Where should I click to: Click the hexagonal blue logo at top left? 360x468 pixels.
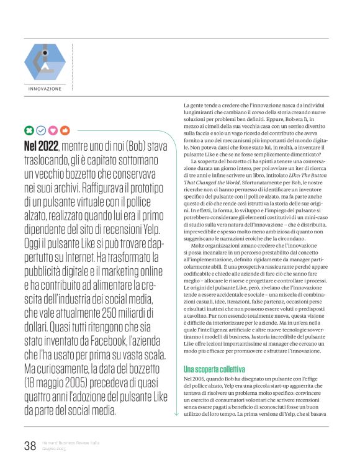[x=45, y=61]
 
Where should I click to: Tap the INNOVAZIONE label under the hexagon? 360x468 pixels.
[x=45, y=89]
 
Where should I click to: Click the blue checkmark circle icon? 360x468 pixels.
[x=41, y=130]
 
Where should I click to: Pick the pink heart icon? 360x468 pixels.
[x=53, y=130]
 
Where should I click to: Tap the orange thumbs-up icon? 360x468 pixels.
[x=65, y=130]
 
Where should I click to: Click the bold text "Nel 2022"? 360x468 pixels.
[x=40, y=146]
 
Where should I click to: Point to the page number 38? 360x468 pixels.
[x=30, y=445]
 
